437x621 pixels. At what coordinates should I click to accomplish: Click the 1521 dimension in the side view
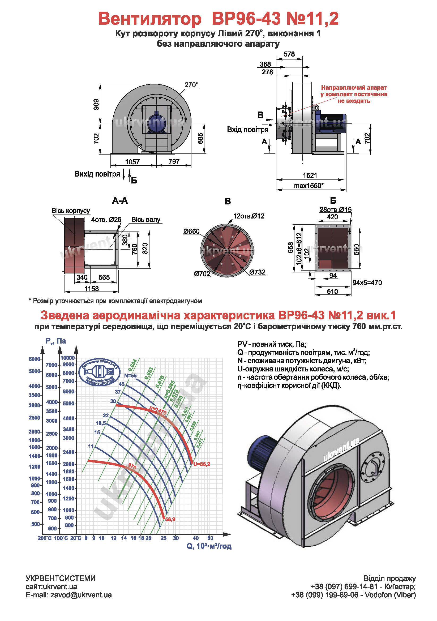[310, 175]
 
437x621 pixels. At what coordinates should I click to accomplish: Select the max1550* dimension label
[309, 186]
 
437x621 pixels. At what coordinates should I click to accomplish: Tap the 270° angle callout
[191, 85]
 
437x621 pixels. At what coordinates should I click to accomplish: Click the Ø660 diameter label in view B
[191, 231]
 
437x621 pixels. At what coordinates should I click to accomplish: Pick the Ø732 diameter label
[257, 272]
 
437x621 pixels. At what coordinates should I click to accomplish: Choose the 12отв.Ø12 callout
[249, 216]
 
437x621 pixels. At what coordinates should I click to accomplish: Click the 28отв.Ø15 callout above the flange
[335, 210]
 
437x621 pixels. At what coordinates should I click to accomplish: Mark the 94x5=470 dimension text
[367, 283]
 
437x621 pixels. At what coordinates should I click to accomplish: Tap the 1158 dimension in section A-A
[92, 289]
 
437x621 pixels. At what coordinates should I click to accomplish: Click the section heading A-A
[120, 201]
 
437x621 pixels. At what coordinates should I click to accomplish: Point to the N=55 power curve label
[130, 375]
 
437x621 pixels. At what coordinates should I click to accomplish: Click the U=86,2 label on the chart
[202, 464]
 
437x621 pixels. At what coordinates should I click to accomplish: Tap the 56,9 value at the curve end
[170, 519]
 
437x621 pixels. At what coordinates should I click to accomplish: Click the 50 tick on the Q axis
[210, 538]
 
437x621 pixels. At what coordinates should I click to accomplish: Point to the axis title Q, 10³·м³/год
[209, 546]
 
